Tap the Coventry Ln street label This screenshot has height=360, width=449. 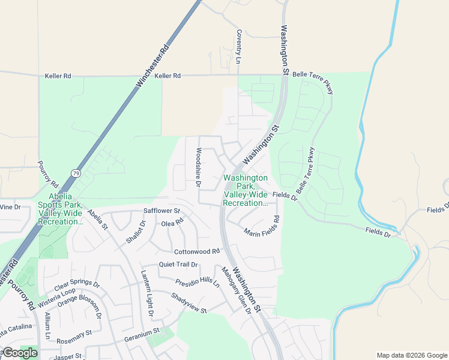[238, 47]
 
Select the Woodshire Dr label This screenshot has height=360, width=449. [197, 167]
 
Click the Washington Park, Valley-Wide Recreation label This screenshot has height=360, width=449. [245, 191]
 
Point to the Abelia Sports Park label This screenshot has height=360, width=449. [60, 208]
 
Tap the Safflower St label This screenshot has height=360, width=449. [162, 211]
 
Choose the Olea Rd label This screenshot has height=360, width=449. [172, 222]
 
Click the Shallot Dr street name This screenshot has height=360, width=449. [135, 232]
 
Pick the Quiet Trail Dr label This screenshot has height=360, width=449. [178, 265]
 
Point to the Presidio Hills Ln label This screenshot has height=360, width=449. [197, 282]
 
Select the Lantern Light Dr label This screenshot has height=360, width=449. [148, 293]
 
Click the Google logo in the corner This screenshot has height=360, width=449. [20, 353]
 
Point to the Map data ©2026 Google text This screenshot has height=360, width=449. [411, 355]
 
